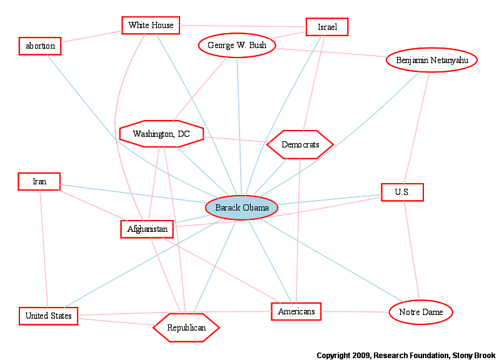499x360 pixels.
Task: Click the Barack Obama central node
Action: [x=241, y=207]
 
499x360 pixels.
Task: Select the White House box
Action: [x=151, y=26]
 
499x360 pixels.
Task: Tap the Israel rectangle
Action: [x=327, y=27]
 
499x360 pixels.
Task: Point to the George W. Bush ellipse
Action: [x=237, y=45]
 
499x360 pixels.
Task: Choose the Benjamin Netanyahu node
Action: [x=432, y=60]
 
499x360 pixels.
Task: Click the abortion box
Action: [x=40, y=46]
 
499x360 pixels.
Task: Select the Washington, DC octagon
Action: [x=162, y=134]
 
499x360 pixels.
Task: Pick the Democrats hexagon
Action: [x=300, y=145]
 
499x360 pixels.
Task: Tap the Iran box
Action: [x=39, y=182]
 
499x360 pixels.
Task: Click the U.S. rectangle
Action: [x=403, y=192]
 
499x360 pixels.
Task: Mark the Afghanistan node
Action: [x=147, y=229]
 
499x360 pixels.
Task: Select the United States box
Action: [x=48, y=316]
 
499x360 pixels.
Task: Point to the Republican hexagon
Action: [x=186, y=328]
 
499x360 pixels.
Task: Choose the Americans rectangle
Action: [x=296, y=312]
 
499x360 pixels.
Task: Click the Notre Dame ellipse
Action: [x=421, y=312]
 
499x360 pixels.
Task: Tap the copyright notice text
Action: [x=406, y=355]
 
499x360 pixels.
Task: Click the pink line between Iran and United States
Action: [x=44, y=249]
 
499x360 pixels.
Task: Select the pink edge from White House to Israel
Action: [x=243, y=26]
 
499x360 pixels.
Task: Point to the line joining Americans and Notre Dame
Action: [x=355, y=312]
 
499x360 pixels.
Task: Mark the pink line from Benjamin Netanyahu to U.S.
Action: [x=416, y=128]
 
